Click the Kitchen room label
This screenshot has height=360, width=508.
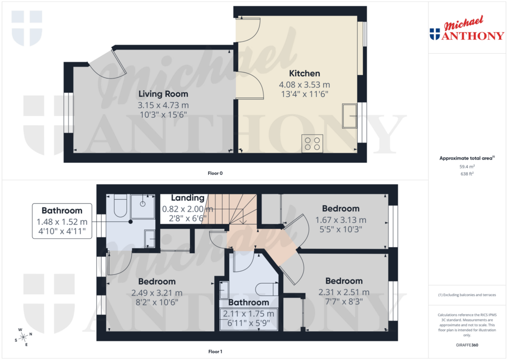[x=305, y=73]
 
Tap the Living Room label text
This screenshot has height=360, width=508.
[x=163, y=94]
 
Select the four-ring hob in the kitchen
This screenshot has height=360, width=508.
[x=312, y=143]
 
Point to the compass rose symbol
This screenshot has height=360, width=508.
[x=23, y=338]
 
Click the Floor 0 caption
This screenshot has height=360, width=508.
[x=215, y=173]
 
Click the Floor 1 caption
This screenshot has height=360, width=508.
[x=215, y=352]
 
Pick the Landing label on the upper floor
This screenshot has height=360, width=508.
[x=188, y=198]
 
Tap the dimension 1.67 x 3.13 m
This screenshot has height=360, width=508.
[x=341, y=220]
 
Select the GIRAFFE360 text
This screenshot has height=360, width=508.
[x=467, y=345]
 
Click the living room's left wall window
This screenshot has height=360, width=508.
[x=68, y=113]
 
